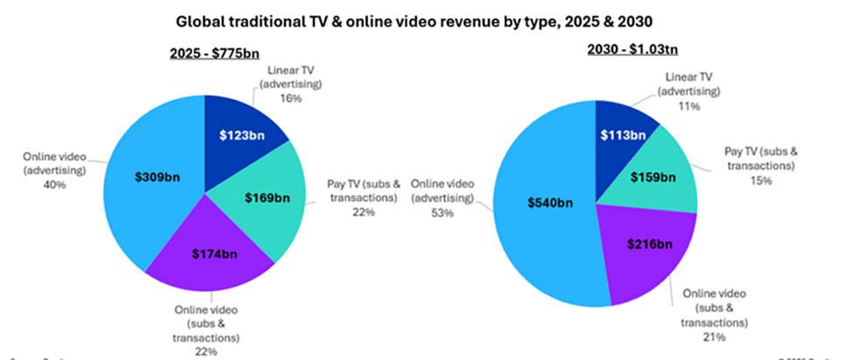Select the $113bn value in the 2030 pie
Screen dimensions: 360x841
(625, 135)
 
